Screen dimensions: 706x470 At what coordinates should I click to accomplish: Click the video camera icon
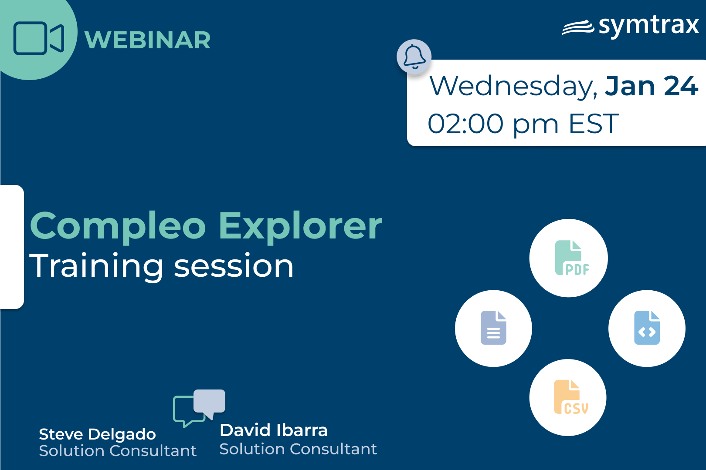(39, 38)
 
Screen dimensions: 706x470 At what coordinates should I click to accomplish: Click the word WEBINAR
(147, 40)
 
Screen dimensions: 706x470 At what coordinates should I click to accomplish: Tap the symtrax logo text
(648, 26)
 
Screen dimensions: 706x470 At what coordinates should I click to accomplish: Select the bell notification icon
(414, 57)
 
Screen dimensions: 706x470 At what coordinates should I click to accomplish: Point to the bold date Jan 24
(651, 86)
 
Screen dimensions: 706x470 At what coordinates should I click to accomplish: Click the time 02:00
(465, 124)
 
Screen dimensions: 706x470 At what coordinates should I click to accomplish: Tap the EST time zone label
(594, 124)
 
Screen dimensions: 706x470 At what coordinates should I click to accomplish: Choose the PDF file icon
(572, 258)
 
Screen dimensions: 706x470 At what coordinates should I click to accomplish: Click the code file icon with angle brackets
(647, 328)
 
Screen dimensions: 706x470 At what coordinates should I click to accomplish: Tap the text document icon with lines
(493, 328)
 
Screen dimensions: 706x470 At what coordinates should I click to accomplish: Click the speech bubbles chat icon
(199, 408)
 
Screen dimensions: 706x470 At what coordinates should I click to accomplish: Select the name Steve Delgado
(97, 434)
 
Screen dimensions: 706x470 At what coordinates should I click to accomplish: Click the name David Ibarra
(274, 430)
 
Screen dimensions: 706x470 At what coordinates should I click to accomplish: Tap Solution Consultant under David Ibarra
(298, 449)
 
